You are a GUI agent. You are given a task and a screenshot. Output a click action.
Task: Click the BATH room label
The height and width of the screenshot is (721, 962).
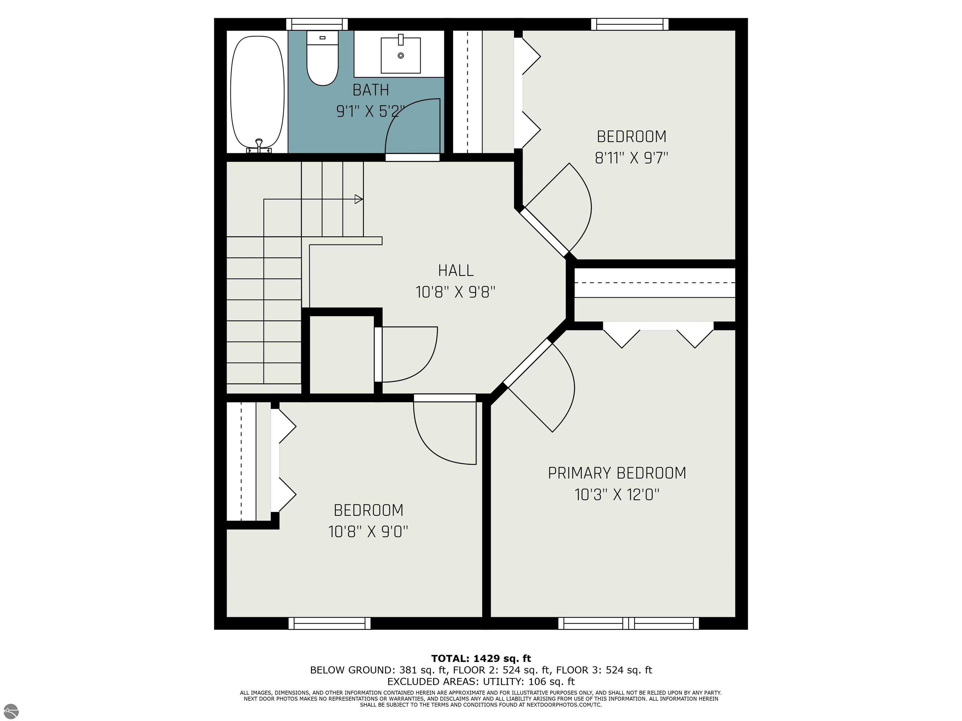click(x=370, y=90)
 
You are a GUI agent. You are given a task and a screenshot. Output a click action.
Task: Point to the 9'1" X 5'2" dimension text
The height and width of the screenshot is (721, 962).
click(x=370, y=111)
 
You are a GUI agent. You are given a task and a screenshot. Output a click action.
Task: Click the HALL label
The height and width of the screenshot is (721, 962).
click(x=455, y=270)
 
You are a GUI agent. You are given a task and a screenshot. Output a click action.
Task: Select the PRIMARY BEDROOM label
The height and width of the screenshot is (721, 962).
click(x=617, y=473)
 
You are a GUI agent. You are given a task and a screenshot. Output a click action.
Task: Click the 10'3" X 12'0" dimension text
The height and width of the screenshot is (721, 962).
click(x=617, y=494)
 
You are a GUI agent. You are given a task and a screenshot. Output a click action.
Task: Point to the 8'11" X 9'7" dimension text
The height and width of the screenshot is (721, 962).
click(x=631, y=158)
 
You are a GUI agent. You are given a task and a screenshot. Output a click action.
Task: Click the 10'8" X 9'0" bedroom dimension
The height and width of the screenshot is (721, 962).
click(x=368, y=531)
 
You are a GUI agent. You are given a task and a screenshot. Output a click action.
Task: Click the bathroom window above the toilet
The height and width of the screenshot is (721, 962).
click(x=317, y=24)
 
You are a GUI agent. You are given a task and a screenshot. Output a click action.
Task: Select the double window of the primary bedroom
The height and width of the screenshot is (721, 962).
click(x=628, y=623)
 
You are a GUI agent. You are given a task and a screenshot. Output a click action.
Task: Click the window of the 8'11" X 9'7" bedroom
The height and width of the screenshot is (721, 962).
click(x=630, y=24)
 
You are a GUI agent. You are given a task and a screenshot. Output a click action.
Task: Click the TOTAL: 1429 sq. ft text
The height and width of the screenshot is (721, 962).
click(x=481, y=658)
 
